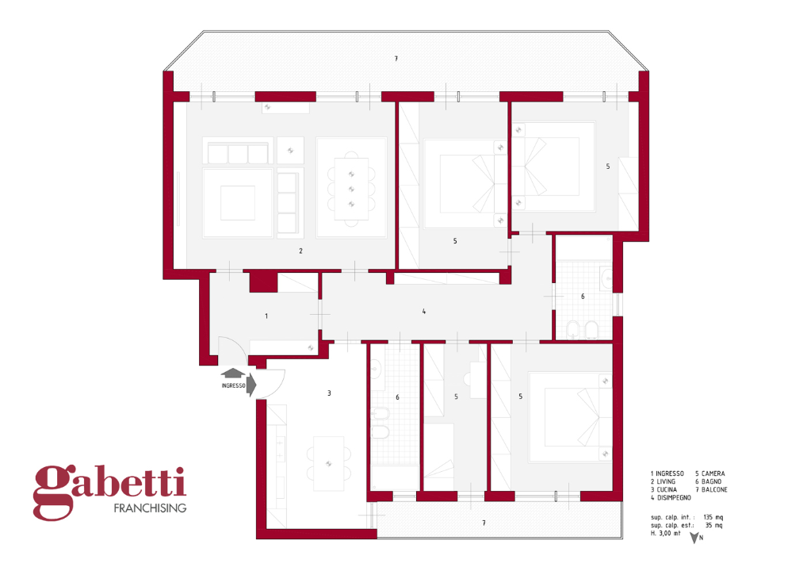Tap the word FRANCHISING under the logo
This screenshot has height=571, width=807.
150,508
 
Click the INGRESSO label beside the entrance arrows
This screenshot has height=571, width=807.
233,386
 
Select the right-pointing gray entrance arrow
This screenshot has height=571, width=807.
251,385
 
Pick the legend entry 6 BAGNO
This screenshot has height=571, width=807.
709,481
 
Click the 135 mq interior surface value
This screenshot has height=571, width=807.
713,516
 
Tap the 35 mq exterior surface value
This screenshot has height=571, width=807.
713,525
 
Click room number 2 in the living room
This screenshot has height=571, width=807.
300,251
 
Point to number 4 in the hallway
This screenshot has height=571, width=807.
424,312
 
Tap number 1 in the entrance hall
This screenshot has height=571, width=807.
266,316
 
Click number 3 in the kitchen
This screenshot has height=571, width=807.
329,393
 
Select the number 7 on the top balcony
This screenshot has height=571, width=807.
396,59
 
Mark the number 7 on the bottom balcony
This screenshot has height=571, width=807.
484,523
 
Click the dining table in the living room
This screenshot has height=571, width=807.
351,188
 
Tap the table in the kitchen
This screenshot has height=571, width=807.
329,463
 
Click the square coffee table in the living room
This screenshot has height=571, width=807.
238,202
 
